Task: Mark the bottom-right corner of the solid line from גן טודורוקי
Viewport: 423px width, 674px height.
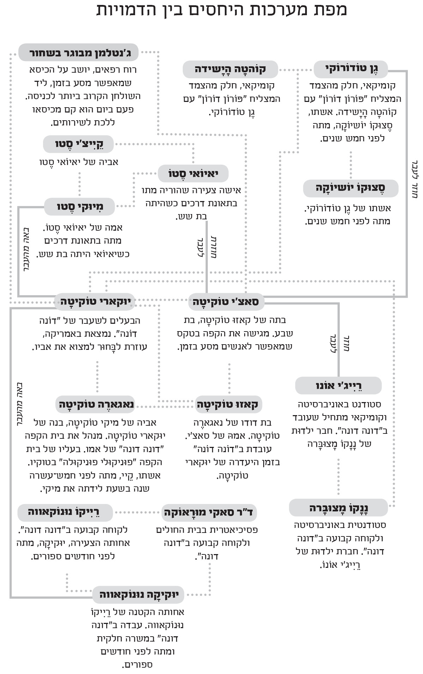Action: [406, 296]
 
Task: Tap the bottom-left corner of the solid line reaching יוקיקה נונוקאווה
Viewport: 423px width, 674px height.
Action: [11, 597]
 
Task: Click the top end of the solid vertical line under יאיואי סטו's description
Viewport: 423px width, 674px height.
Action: [206, 221]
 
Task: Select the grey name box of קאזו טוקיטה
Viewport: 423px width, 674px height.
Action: [229, 404]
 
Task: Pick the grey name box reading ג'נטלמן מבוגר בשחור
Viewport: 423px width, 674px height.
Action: [78, 54]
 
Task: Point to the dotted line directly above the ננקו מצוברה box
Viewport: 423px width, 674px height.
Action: [338, 477]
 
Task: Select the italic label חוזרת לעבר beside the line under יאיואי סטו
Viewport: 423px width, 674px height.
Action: [206, 247]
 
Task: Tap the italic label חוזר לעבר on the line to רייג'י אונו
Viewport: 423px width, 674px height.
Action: [338, 343]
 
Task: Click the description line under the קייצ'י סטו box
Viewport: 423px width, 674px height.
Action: [79, 162]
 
